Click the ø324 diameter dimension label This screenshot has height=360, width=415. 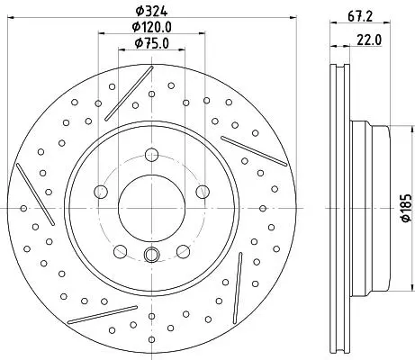tap(151, 11)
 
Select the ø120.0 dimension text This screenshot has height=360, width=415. tap(152, 27)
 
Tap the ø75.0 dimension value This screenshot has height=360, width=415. tap(152, 43)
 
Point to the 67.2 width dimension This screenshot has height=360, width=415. tap(360, 15)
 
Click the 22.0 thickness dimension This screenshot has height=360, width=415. tap(369, 40)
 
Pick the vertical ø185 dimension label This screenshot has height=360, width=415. tap(406, 208)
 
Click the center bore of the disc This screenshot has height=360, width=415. tap(151, 208)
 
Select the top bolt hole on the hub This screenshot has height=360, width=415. tap(151, 155)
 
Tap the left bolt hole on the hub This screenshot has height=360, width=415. tap(101, 192)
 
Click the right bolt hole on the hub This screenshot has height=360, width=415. tap(203, 192)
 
